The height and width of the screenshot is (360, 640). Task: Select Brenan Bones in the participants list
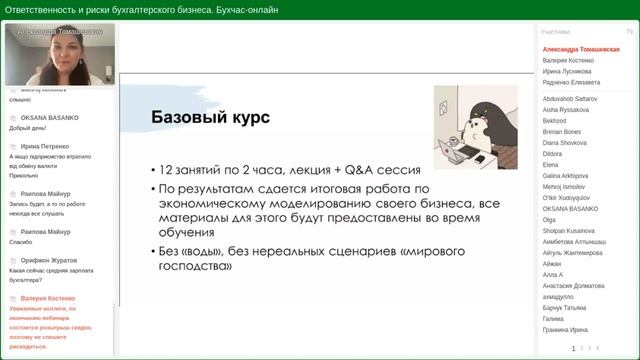562,131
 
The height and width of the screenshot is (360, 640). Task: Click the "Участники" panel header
556,32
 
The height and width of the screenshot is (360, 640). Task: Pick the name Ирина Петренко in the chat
45,146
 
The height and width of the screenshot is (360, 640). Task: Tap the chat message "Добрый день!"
28,128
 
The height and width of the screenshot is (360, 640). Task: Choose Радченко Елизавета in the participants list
571,83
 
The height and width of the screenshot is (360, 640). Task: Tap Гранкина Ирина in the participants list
565,330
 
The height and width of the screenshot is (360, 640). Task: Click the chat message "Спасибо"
21,242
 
